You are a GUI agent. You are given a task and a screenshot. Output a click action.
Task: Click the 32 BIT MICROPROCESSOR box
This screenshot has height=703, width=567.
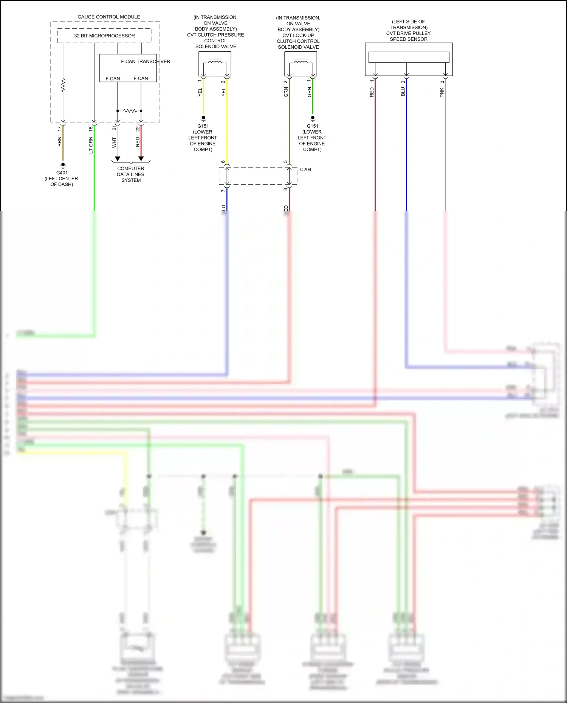tap(104, 36)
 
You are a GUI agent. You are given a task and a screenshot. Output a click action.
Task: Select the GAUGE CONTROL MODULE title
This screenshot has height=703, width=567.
tap(108, 17)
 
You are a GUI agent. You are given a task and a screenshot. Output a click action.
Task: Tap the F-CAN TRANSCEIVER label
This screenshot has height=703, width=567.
tap(145, 61)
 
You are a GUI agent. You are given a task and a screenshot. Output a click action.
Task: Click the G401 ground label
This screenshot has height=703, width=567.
tap(62, 173)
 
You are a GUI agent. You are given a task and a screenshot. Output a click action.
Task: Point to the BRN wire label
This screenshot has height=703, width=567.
tap(59, 142)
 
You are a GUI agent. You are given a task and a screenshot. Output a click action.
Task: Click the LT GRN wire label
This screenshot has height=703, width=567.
tap(91, 145)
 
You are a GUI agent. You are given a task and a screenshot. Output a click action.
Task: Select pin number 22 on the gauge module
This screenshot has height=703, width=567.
tap(138, 129)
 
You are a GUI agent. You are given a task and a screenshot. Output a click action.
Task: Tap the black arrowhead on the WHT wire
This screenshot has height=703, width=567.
tap(118, 159)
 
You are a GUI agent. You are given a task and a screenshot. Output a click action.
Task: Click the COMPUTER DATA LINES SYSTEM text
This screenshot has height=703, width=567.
tap(131, 174)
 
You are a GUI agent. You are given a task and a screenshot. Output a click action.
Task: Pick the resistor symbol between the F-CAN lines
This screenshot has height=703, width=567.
tap(130, 111)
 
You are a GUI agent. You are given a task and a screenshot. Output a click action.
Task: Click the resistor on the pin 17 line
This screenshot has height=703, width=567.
tap(63, 85)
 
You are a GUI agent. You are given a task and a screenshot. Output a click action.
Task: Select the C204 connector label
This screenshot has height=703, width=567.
tap(305, 170)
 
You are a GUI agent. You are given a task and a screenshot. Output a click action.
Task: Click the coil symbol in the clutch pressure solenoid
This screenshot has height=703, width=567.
tap(215, 61)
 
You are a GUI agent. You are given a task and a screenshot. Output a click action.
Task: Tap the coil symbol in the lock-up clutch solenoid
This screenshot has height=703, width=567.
tap(301, 61)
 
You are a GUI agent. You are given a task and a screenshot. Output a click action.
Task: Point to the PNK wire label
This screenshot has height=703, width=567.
tap(442, 93)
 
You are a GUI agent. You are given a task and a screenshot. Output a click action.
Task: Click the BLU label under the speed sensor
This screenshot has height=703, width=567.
tap(403, 92)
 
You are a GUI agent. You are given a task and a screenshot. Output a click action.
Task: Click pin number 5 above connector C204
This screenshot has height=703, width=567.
tap(286, 162)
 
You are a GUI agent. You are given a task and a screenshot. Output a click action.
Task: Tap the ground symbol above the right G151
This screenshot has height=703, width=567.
tap(313, 118)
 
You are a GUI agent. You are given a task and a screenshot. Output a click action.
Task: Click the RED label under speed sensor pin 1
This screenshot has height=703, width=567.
tap(372, 93)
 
